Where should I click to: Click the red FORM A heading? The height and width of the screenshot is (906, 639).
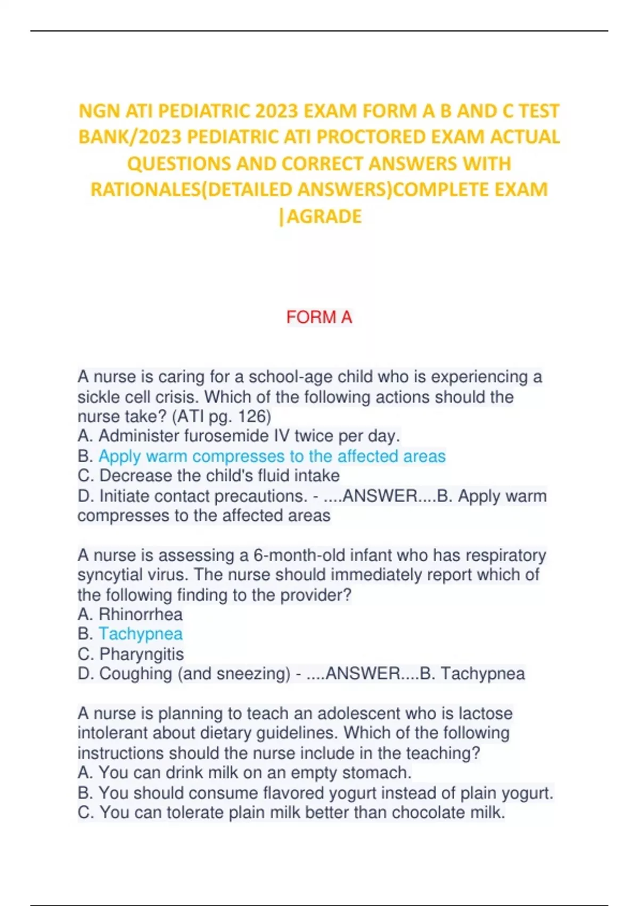tap(319, 317)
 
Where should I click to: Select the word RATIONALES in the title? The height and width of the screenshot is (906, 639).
tap(145, 189)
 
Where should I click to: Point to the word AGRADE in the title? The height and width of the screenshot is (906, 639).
tap(324, 216)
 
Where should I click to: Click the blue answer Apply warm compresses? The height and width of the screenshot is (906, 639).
tap(272, 456)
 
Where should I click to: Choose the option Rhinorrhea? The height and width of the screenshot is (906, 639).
tap(141, 614)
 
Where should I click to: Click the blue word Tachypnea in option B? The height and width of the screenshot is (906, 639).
tap(141, 634)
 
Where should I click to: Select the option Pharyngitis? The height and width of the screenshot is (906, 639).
tap(141, 654)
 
